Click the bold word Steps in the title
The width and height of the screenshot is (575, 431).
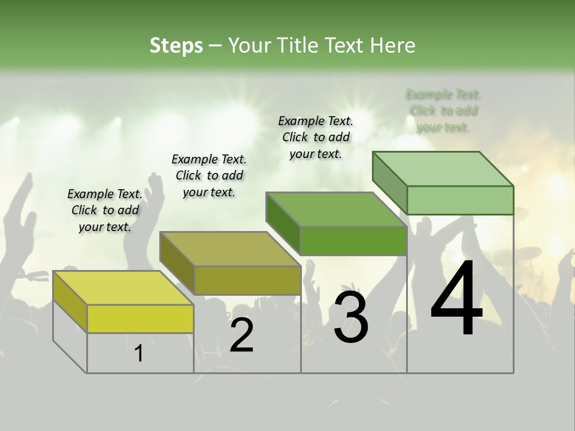[176, 45]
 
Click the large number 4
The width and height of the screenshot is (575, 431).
[456, 299]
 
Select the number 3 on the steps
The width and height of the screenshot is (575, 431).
[351, 318]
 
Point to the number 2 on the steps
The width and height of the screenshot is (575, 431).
[241, 335]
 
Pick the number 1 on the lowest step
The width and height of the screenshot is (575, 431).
[139, 354]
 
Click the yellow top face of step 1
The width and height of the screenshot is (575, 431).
[123, 288]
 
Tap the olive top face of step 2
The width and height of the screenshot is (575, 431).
[229, 249]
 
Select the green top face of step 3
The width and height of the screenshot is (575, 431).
[336, 210]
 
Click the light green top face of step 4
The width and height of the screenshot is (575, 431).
[443, 169]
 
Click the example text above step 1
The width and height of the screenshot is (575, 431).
[105, 210]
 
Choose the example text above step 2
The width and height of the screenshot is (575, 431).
[209, 175]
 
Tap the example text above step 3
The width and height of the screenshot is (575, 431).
[316, 137]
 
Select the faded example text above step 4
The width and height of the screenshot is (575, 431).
[443, 111]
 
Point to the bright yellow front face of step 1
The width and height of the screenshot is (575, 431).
[140, 318]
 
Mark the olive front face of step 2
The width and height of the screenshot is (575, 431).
[247, 280]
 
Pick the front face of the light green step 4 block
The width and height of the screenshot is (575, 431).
[460, 200]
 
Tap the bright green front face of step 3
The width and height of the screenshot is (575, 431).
[353, 241]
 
